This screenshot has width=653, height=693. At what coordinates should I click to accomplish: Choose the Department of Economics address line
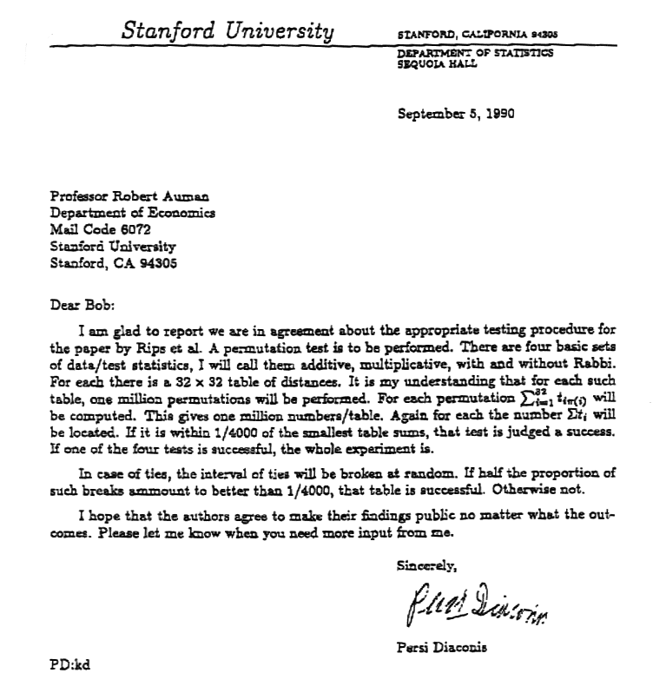coord(133,214)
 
